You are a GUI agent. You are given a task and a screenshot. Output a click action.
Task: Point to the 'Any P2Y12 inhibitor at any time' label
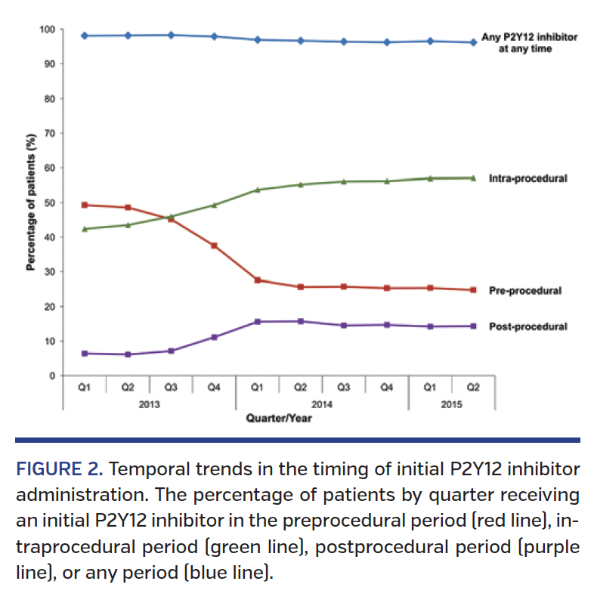pyautogui.click(x=519, y=42)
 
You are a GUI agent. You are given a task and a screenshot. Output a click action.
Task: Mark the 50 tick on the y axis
pyautogui.click(x=49, y=203)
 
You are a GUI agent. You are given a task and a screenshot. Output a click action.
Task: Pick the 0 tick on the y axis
pyautogui.click(x=51, y=376)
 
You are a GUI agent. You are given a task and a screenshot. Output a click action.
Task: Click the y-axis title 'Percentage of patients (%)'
pyautogui.click(x=31, y=203)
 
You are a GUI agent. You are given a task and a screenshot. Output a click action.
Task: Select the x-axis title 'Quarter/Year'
pyautogui.click(x=279, y=418)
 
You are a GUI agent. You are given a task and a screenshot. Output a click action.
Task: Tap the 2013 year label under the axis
pyautogui.click(x=150, y=404)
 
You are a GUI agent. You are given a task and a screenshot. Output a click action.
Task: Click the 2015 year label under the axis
pyautogui.click(x=451, y=404)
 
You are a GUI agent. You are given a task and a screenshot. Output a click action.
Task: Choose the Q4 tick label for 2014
pyautogui.click(x=387, y=388)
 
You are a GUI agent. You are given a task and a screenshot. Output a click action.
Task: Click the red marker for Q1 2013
pyautogui.click(x=85, y=205)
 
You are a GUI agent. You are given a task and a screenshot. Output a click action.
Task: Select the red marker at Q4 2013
pyautogui.click(x=215, y=246)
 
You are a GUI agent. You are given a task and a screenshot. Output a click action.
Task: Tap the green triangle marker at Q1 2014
pyautogui.click(x=258, y=190)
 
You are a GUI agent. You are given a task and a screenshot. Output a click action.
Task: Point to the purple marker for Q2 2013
pyautogui.click(x=128, y=354)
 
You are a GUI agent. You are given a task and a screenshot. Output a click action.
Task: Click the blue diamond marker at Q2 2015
pyautogui.click(x=473, y=42)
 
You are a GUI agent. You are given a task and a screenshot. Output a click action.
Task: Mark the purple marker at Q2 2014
pyautogui.click(x=301, y=321)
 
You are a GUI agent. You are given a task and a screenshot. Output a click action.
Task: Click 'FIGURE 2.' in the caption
pyautogui.click(x=59, y=469)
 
